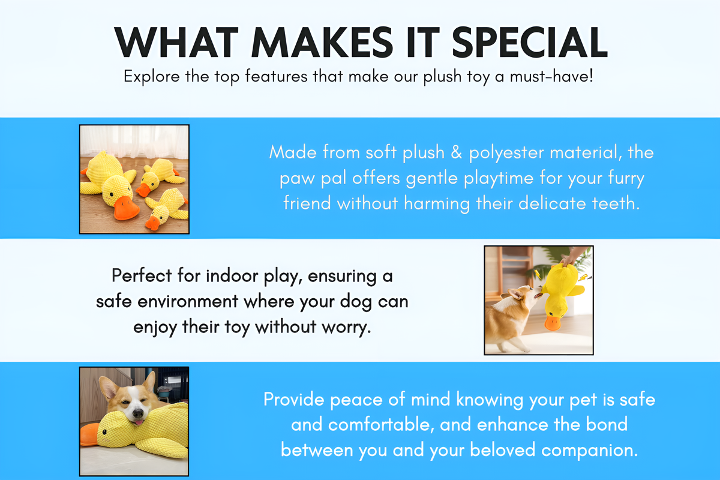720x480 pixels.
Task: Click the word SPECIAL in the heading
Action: (x=529, y=42)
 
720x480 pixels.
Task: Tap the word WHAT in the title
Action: (x=176, y=42)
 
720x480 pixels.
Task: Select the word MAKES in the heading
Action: (x=322, y=42)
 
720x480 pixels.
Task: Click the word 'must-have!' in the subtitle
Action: (x=551, y=77)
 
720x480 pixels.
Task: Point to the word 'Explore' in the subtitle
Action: (x=152, y=77)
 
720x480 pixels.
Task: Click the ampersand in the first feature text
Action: (x=457, y=152)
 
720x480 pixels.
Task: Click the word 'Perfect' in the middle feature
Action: (x=142, y=276)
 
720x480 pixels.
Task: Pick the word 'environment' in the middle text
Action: (x=188, y=302)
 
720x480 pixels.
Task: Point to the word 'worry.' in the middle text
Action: (x=346, y=327)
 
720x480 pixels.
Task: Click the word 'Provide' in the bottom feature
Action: (x=294, y=400)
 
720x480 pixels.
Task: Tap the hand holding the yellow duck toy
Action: (x=573, y=257)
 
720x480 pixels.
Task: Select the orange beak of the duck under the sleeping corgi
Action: (x=89, y=434)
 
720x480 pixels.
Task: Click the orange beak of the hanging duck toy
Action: (x=553, y=323)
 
